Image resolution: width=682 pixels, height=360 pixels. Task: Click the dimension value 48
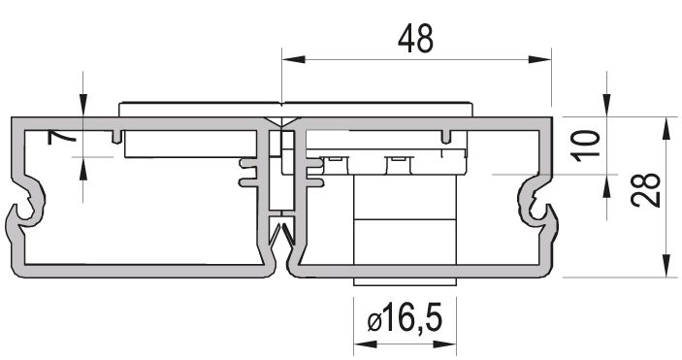point(415,38)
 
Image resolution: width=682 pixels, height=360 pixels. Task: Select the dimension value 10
point(586,146)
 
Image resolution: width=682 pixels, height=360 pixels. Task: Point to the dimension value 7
point(61,138)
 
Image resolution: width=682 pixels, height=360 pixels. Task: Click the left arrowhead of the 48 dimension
point(293,59)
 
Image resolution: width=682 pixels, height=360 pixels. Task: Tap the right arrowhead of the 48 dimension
point(539,59)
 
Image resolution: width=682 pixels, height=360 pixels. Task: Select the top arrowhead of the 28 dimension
point(666,128)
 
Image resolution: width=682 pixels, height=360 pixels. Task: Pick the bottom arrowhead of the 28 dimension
point(666,266)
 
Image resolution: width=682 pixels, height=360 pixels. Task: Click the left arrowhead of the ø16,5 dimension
point(366,344)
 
